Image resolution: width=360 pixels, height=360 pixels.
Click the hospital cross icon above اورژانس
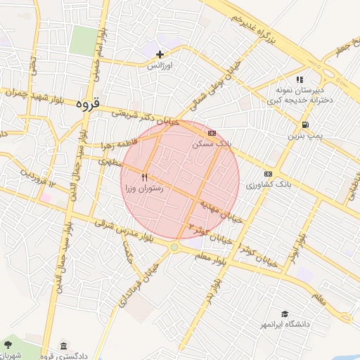(x=160, y=54)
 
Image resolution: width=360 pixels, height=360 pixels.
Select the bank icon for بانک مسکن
(x=212, y=132)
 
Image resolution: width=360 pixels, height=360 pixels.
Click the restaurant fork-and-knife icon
(x=145, y=177)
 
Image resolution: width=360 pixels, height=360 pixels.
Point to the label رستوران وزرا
(x=145, y=188)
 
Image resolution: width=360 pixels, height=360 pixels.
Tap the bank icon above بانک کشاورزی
(x=268, y=174)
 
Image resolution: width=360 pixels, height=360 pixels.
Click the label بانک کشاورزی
(x=268, y=184)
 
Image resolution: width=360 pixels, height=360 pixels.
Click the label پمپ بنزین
(x=302, y=135)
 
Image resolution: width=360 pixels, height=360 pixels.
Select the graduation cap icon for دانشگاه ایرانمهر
(x=285, y=314)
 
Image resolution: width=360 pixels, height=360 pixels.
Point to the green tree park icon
(x=8, y=345)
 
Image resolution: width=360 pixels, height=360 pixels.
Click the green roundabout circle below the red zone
(x=174, y=247)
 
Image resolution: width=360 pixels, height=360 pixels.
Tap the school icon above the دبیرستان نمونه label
(x=300, y=80)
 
